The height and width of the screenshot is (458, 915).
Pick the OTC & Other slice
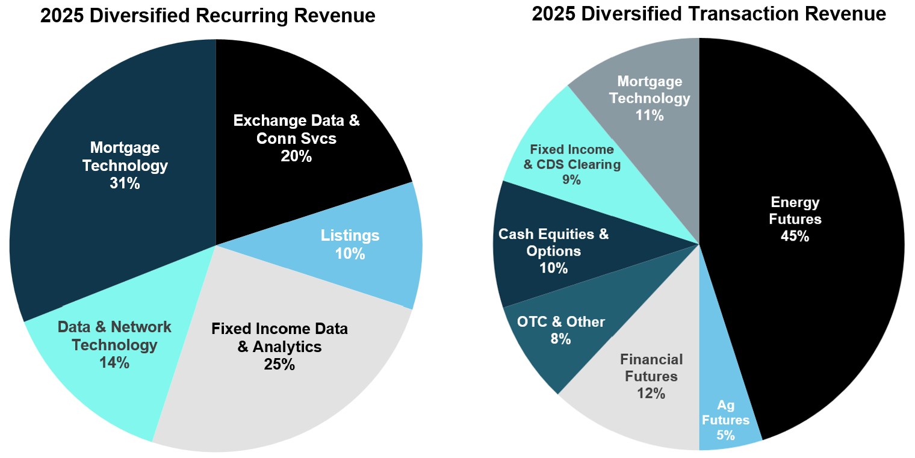pos(554,337)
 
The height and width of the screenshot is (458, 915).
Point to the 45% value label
pos(795,237)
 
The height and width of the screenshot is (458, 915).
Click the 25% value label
pos(279,364)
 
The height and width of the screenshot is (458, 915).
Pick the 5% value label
pos(725,436)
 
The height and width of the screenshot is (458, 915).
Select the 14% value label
pos(114,363)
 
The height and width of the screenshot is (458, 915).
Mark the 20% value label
pos(296,156)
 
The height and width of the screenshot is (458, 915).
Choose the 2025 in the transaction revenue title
pos(554,14)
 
